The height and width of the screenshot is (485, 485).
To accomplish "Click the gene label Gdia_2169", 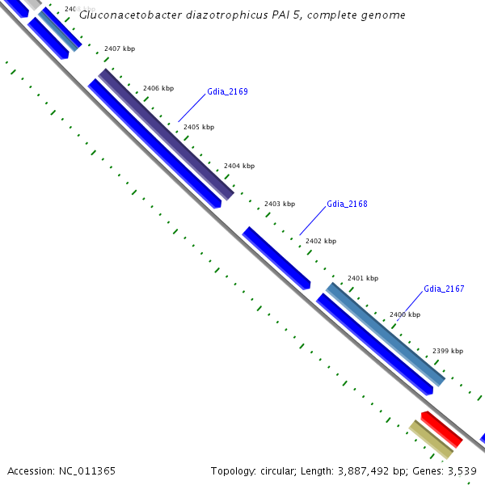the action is click(227, 91).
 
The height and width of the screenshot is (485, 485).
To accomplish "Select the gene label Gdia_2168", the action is click(348, 205).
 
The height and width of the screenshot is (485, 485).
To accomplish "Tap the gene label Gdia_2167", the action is click(444, 289).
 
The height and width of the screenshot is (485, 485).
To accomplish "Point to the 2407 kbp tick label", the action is click(120, 48).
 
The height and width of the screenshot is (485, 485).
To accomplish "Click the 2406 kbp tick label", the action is click(158, 88).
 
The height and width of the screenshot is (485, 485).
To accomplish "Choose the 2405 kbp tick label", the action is click(199, 127).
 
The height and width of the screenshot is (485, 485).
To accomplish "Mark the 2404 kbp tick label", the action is click(239, 166).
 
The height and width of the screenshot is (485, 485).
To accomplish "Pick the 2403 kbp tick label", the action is click(280, 204).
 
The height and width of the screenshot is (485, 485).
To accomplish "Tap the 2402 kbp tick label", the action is click(321, 241).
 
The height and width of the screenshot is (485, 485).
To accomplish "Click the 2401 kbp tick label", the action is click(363, 278).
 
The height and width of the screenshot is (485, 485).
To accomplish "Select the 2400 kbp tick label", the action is click(405, 314).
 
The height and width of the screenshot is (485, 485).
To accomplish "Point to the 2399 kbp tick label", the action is click(448, 351).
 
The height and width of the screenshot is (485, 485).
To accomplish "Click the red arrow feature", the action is click(441, 429).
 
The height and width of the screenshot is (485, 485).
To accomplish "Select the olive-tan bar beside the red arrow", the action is click(430, 440).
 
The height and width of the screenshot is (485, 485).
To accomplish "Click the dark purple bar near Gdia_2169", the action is click(166, 134).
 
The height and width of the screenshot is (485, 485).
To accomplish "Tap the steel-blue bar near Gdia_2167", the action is click(386, 334).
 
